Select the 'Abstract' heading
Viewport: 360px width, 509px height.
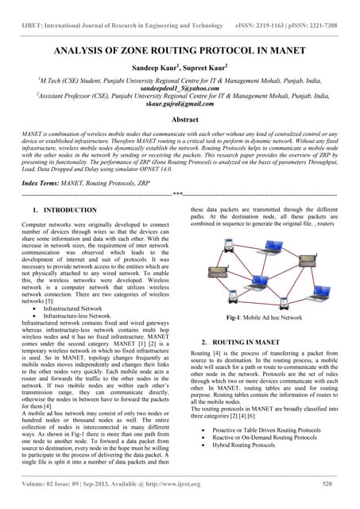click(180, 117)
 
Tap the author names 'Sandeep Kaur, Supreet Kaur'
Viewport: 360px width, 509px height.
click(180, 69)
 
